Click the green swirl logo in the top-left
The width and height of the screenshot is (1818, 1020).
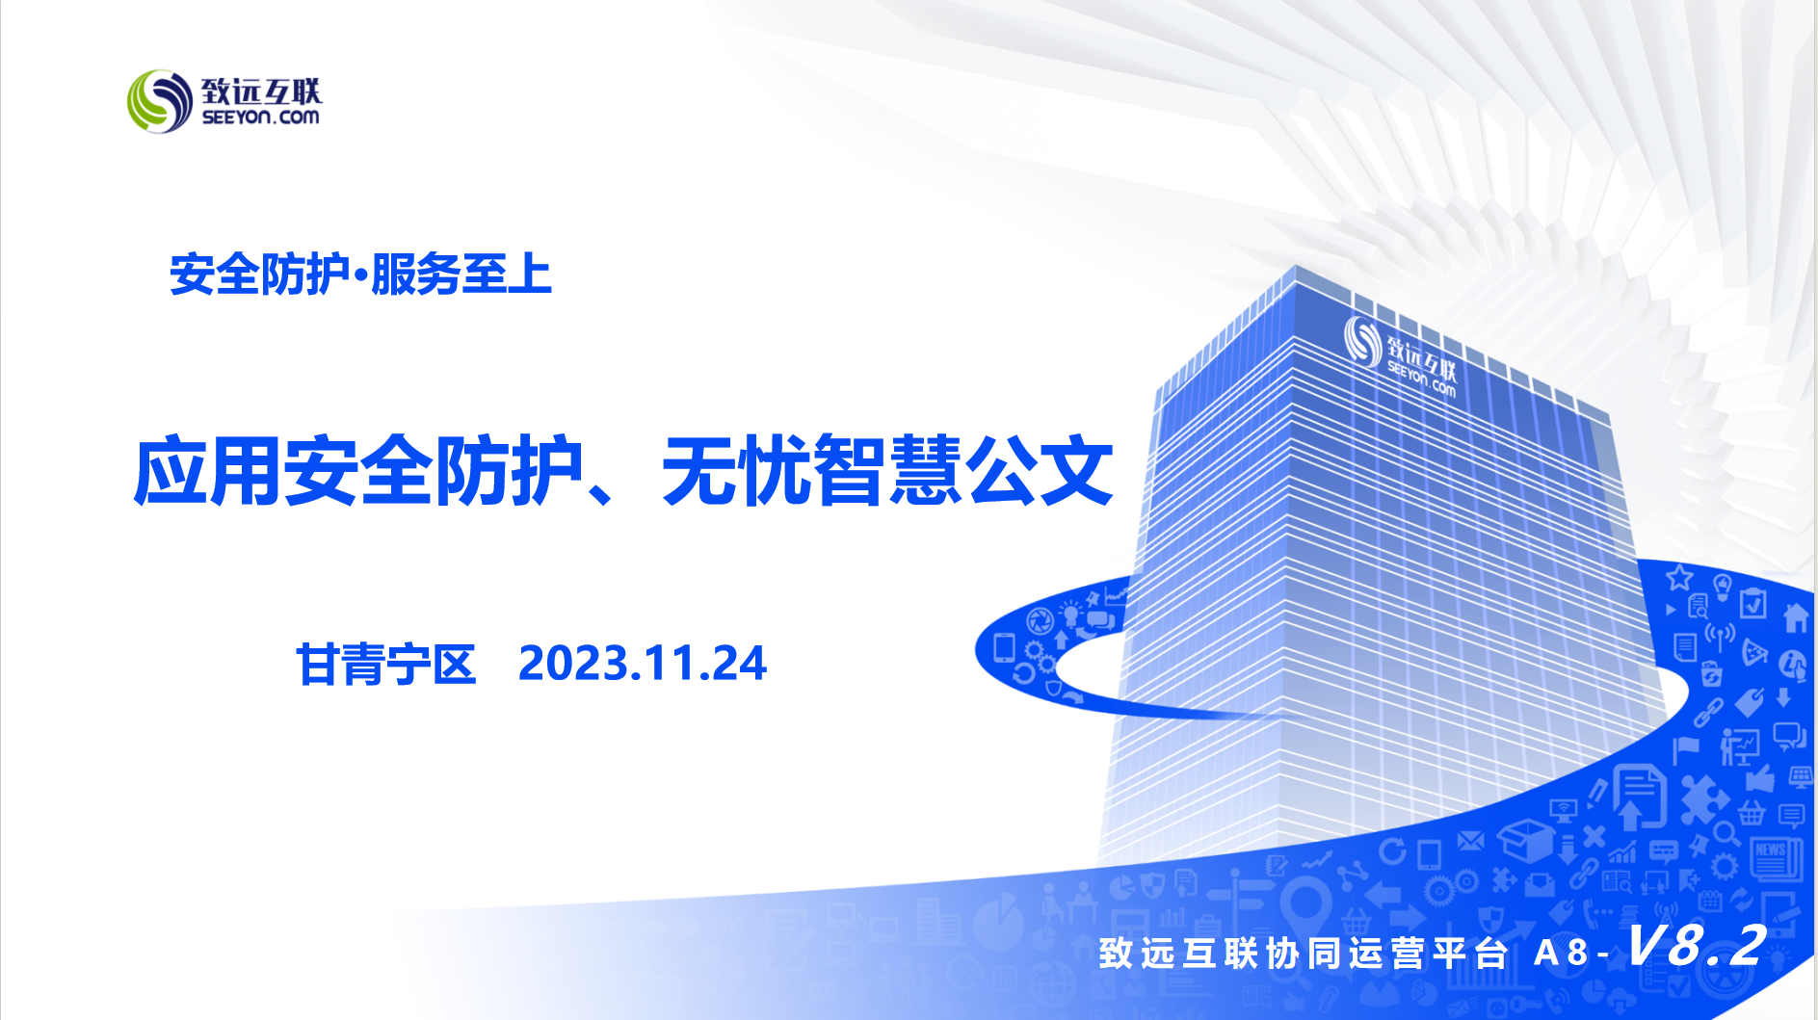160,101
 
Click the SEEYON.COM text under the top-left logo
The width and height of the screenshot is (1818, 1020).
260,118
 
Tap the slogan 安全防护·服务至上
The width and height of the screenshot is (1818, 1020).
360,275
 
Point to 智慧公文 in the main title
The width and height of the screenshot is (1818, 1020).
963,471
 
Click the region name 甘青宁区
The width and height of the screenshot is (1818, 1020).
386,665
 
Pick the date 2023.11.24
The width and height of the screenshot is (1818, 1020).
643,664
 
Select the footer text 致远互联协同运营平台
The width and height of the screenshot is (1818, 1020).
1303,953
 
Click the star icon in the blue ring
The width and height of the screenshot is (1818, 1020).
1679,577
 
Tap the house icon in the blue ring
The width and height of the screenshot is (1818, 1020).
1796,616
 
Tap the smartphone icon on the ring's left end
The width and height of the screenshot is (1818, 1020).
1004,647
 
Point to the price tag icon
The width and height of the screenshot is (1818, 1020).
1749,702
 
